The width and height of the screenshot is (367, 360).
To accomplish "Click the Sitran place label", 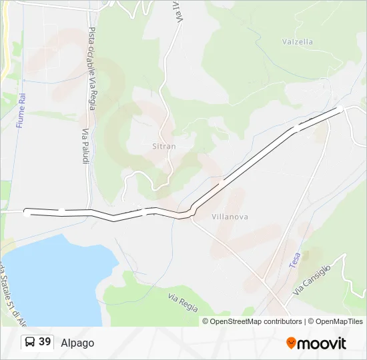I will pos(163,146).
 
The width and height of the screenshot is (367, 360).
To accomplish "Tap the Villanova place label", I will pos(230,217).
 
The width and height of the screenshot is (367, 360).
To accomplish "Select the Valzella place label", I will pos(298,41).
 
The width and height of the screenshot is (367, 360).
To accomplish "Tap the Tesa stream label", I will pos(295,259).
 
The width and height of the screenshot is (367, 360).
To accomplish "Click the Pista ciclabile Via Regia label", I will pos(92,69).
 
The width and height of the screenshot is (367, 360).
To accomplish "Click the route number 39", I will pos(45,342).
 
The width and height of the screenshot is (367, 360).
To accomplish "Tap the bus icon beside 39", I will pos(29,343).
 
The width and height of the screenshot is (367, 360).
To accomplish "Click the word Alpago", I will pos(77,343).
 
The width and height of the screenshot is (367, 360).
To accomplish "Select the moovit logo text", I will pos(322,343).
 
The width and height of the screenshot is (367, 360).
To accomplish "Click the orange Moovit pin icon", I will pos(291,343).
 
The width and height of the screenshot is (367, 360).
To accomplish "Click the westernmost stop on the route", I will pos(27,213).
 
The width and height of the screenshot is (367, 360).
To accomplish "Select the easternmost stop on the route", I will pos(340,109).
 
